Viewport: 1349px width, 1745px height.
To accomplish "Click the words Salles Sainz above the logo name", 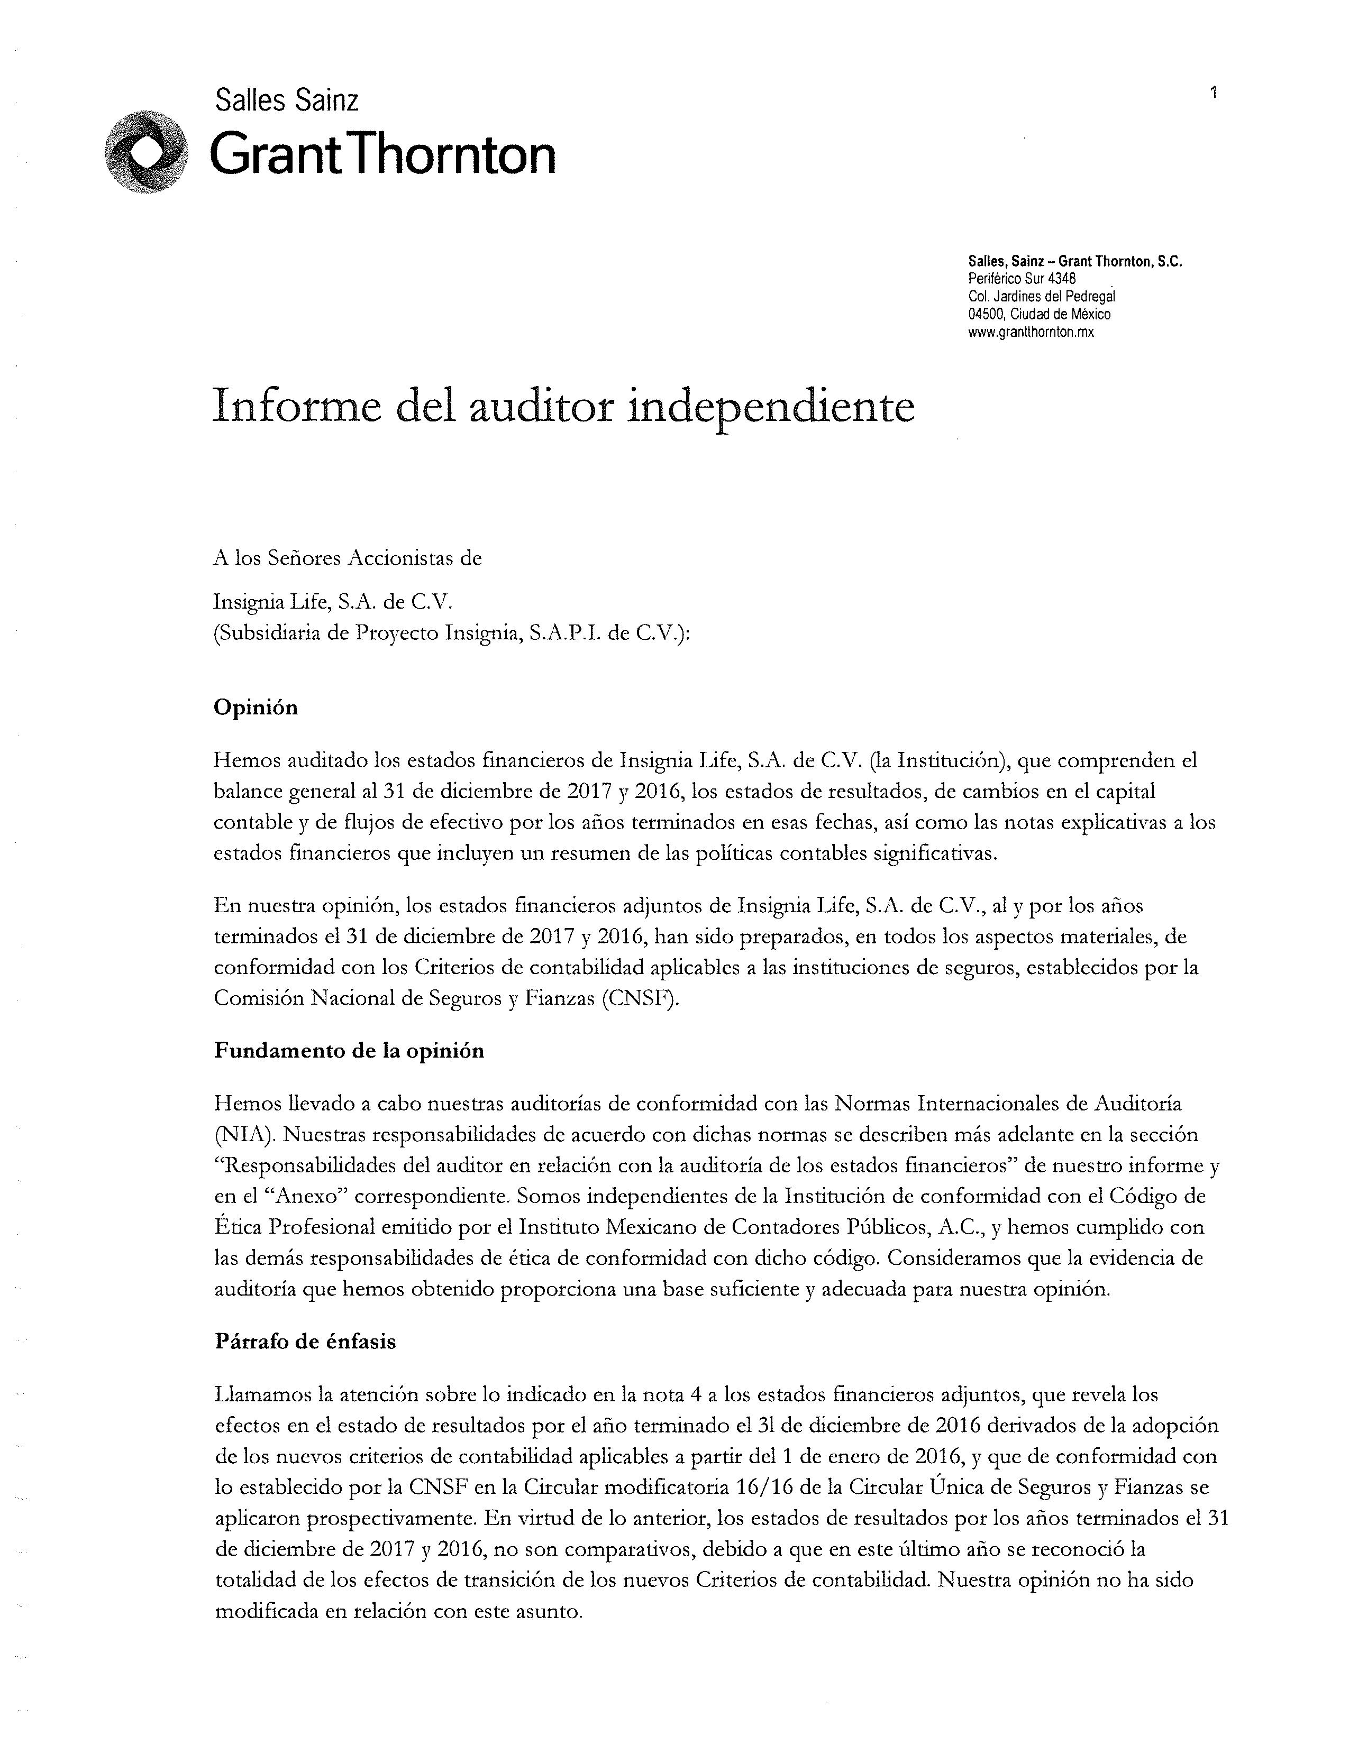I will (x=287, y=100).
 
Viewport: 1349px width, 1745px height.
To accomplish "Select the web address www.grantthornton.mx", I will (x=1030, y=333).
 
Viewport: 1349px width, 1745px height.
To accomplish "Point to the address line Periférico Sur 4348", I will (x=1022, y=279).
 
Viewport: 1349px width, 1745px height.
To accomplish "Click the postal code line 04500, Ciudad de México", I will (x=1039, y=314).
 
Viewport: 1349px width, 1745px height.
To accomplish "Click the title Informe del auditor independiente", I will (x=563, y=407).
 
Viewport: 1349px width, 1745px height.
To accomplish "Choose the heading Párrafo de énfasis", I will (x=305, y=1342).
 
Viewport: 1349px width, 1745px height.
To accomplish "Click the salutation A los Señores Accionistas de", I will (x=348, y=558).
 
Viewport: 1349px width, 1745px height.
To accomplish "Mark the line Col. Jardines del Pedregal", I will (x=1041, y=297).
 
